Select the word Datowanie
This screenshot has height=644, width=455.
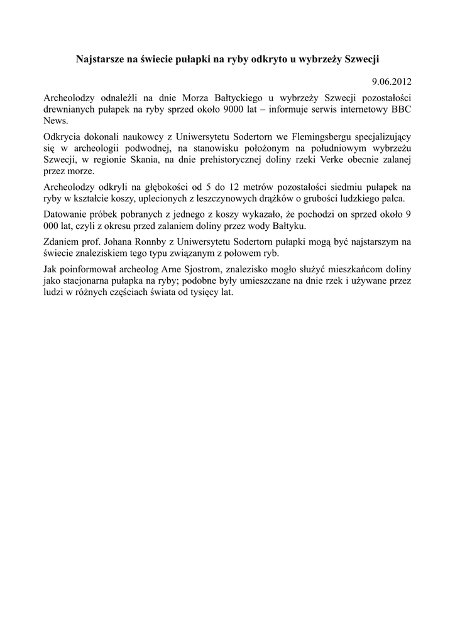[65, 215]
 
